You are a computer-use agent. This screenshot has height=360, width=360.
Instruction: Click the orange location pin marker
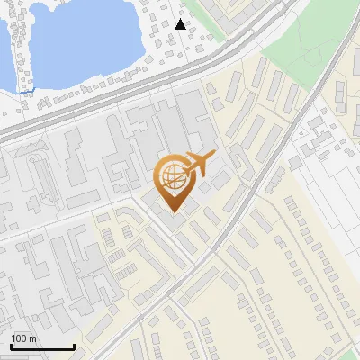pyautogui.click(x=175, y=181)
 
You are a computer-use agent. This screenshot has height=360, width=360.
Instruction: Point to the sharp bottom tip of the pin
pyautogui.click(x=175, y=212)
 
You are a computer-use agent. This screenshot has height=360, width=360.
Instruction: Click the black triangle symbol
pyautogui.click(x=181, y=23)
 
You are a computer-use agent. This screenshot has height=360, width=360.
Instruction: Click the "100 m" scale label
pyautogui.click(x=23, y=338)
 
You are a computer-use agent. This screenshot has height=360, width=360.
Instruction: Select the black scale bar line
pyautogui.click(x=42, y=347)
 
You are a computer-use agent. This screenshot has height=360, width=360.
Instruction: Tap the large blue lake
pyautogui.click(x=85, y=36)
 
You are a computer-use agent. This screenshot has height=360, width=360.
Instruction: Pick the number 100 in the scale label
pyautogui.click(x=20, y=338)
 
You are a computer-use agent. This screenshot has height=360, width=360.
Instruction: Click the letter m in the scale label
pyautogui.click(x=32, y=338)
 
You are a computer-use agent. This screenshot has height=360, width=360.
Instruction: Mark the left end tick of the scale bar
pyautogui.click(x=11, y=346)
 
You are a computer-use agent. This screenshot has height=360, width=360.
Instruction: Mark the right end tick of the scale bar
pyautogui.click(x=74, y=346)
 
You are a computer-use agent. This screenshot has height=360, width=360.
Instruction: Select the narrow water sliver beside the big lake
pyautogui.click(x=4, y=54)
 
